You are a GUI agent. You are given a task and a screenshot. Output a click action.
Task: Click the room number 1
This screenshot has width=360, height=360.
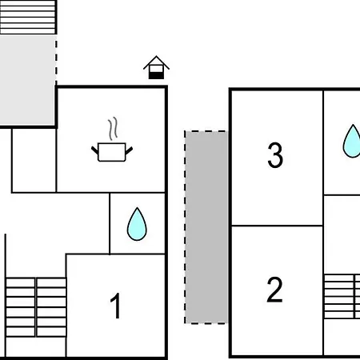coord(115,306)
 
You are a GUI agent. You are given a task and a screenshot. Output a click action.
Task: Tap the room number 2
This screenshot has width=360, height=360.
coord(274,290)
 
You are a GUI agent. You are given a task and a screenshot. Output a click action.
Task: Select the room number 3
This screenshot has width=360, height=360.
coord(275,155)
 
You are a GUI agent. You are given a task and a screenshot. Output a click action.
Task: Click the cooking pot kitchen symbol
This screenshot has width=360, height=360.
coord(112,152)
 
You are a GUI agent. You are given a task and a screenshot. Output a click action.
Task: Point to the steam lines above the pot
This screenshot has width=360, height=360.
coord(113,129)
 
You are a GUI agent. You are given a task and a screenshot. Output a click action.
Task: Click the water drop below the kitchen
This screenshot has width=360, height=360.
coord(137,224)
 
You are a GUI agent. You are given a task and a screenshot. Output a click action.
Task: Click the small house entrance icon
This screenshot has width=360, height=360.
coord(156,67)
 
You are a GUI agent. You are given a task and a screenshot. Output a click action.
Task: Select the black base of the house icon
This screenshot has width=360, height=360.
coord(156,75)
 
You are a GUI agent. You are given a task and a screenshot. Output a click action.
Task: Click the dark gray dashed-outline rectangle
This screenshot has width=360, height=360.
coord(206,227)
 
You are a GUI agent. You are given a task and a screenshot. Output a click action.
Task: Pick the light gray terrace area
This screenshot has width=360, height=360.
coord(28,80)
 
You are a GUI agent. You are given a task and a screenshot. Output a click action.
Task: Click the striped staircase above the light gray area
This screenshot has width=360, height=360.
coord(28,17)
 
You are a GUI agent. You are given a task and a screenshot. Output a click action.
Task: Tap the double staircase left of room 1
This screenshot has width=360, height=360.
coord(36,307)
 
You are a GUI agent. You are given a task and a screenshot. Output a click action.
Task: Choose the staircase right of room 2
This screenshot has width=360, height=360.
coord(342,296)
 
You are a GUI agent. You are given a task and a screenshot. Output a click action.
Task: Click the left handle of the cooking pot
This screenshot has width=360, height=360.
coord(95,150)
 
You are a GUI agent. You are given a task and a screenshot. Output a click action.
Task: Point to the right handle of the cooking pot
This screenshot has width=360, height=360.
coord(129,150)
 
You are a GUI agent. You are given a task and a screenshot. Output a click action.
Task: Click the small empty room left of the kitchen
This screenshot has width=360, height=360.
coord(34,160)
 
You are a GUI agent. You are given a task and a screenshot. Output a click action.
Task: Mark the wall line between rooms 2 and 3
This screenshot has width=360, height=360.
coord(277,226)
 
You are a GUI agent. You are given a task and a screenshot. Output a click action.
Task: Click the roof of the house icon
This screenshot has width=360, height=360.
coord(156,62)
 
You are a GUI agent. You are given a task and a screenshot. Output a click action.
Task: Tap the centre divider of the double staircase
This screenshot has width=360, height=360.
coord(36,307)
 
